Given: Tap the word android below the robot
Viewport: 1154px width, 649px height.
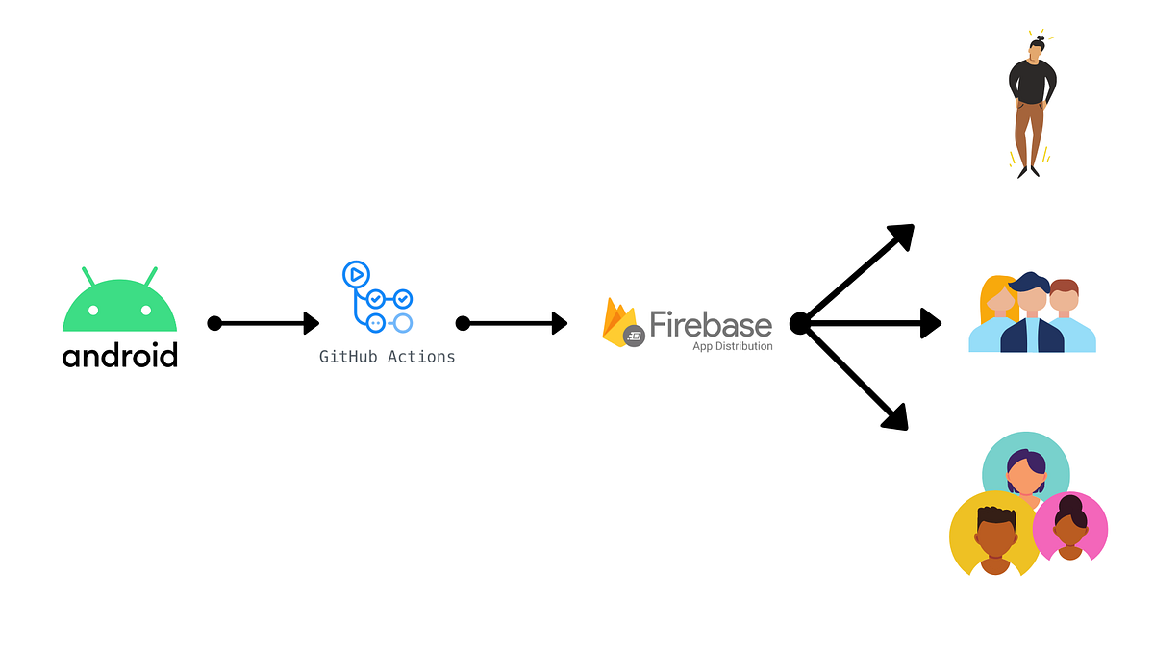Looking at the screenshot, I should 120,355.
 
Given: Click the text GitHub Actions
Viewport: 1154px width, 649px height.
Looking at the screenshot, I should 387,357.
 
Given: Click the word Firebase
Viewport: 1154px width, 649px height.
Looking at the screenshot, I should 711,323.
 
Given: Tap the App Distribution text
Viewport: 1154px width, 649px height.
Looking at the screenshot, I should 732,346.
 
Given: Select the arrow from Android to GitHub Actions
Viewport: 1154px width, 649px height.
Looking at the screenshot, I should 263,323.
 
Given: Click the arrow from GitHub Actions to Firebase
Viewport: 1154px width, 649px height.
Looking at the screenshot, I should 512,323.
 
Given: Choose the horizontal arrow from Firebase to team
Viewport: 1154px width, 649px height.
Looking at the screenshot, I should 870,323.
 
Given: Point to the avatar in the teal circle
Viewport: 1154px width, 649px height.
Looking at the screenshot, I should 1025,468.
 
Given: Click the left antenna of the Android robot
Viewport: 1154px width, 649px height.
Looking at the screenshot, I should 89,276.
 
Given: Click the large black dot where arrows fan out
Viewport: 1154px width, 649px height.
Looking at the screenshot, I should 798,323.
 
